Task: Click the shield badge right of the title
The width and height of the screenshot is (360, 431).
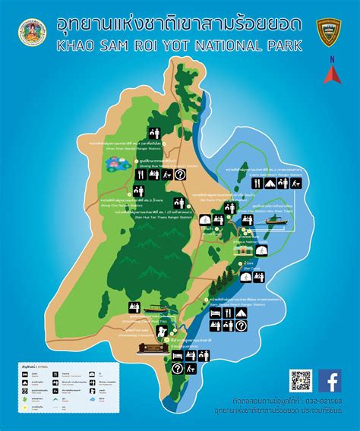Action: (328, 31)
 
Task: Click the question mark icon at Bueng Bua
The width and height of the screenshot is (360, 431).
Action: (201, 175)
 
